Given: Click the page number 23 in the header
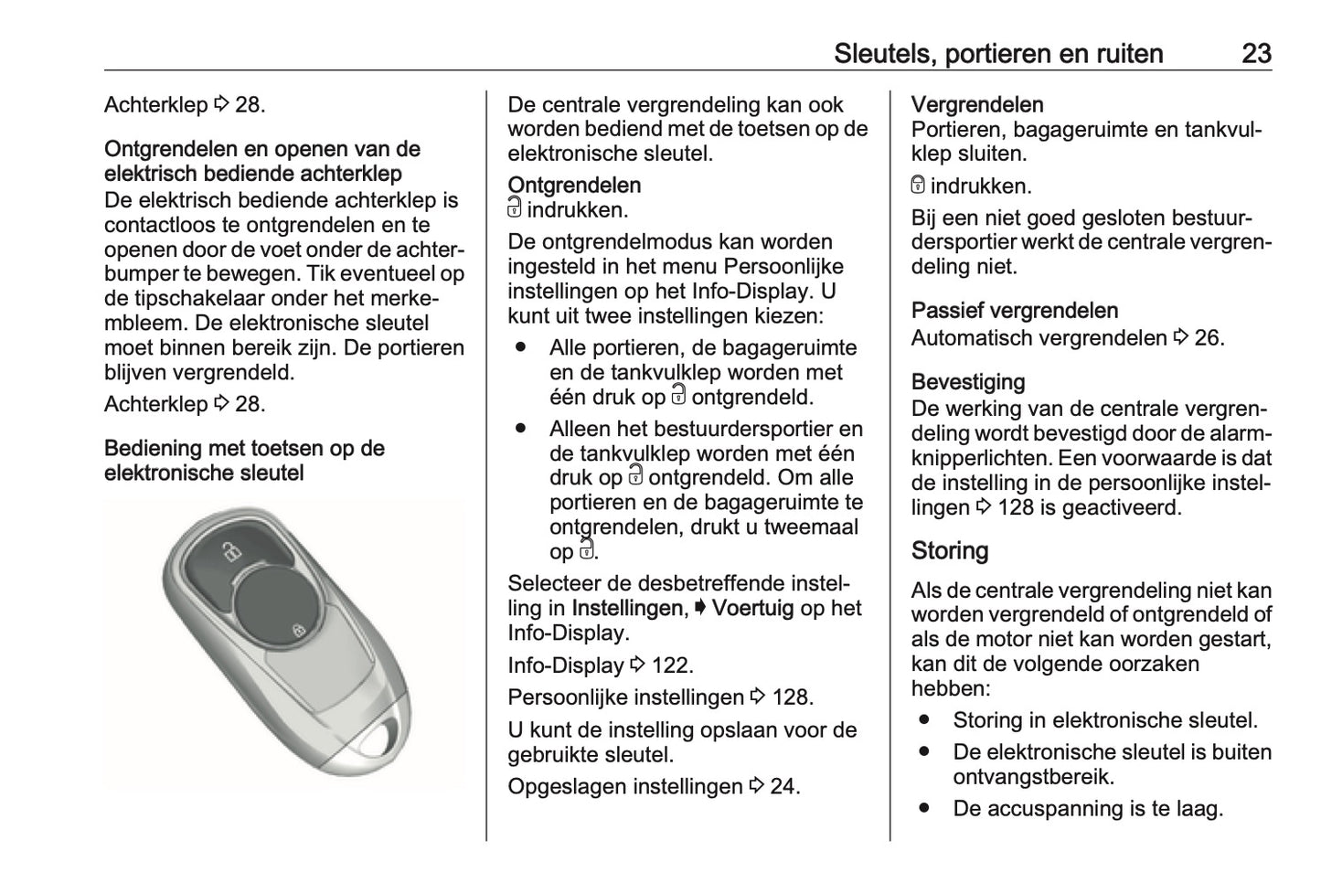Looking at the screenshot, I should (x=1256, y=54).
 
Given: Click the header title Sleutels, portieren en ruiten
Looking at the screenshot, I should (x=998, y=54).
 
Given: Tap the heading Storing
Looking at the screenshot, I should (x=950, y=550).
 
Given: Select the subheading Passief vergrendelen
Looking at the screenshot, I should (x=1015, y=311).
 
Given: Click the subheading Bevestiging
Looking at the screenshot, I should (x=968, y=381).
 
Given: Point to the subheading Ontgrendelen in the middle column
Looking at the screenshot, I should (x=574, y=185).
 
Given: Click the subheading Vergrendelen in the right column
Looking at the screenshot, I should (x=977, y=104).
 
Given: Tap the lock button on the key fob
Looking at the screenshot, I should (x=298, y=630).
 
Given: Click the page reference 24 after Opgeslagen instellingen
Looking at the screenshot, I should (x=784, y=786).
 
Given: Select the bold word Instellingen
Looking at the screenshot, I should (x=627, y=608).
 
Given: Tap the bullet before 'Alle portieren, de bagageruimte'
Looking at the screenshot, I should (x=522, y=347).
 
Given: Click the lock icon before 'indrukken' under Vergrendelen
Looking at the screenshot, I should (x=919, y=186).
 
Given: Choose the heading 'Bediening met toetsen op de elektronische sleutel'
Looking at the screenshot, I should (x=244, y=461).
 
